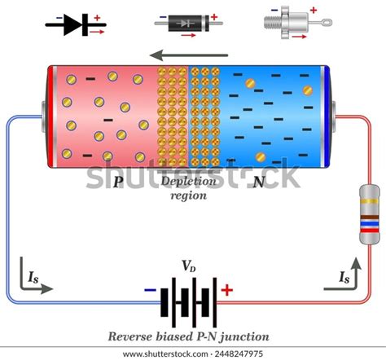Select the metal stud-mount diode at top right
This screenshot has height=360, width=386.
tap(291, 24)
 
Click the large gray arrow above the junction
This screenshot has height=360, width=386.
tap(194, 56)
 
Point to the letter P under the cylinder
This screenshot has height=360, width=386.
tap(118, 182)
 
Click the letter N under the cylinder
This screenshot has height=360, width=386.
tap(258, 182)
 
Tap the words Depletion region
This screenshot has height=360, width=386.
tap(188, 188)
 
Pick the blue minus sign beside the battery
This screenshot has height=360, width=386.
tap(151, 289)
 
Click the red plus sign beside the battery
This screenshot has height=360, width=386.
tap(227, 289)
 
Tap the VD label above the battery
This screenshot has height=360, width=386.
tap(188, 266)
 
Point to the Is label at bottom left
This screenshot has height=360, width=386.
tap(34, 278)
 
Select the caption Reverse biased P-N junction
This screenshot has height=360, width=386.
tap(189, 336)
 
